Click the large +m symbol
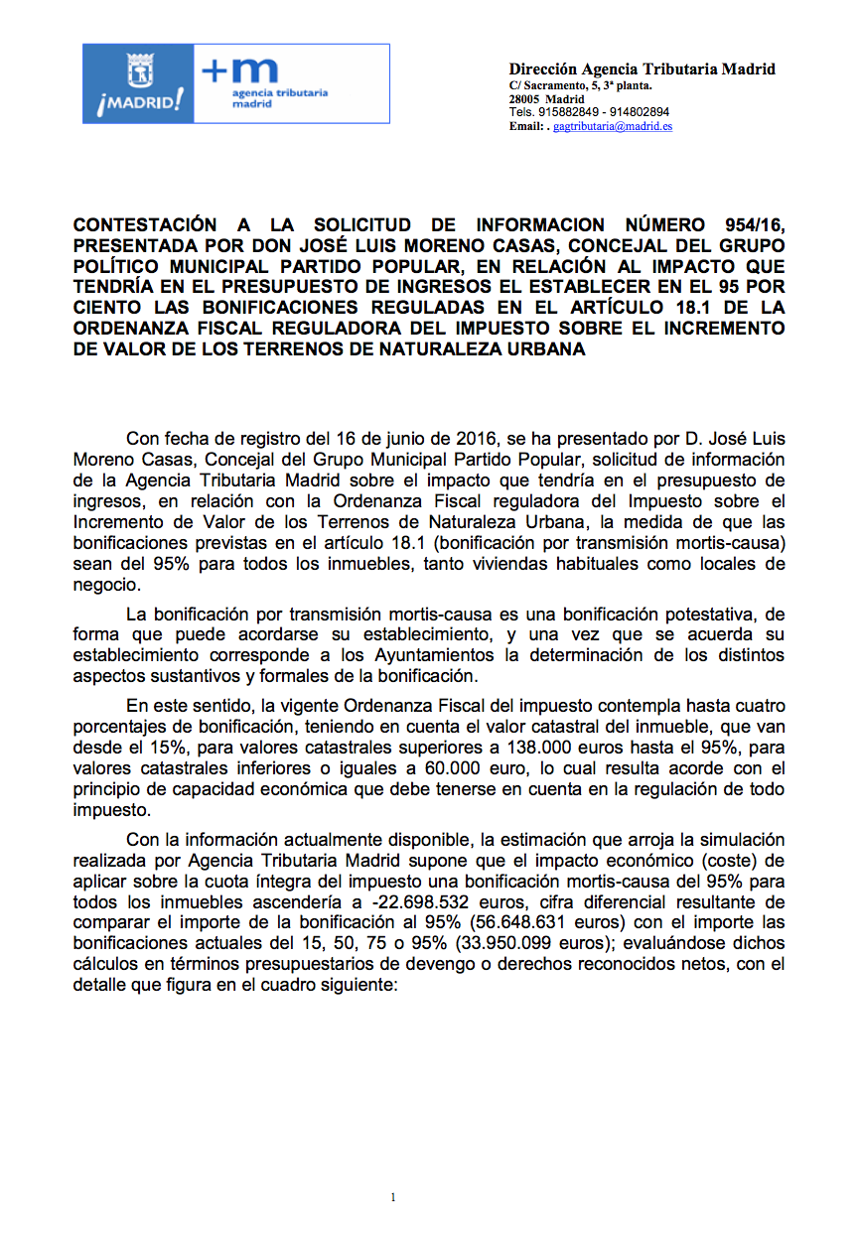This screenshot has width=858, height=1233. point(240,71)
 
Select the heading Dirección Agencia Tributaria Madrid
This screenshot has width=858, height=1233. point(642,69)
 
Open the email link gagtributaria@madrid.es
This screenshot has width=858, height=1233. point(613,127)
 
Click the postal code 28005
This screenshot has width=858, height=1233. point(524,100)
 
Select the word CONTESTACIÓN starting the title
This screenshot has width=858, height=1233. point(145,224)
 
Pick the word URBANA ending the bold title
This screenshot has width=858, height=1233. point(543,349)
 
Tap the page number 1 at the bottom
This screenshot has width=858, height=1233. point(394,1197)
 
